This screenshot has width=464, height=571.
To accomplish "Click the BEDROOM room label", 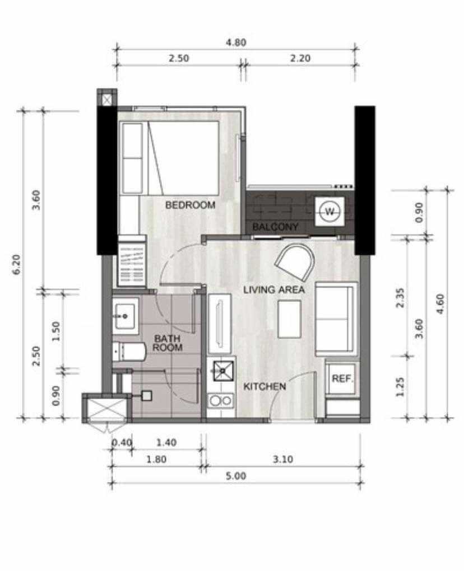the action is tap(191, 205).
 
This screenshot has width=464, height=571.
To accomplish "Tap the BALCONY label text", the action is tap(275, 227).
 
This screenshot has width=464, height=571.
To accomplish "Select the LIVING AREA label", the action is tap(273, 290).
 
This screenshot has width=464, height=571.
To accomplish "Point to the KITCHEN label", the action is tap(265, 386).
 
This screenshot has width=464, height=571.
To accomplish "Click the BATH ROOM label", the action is tap(168, 343).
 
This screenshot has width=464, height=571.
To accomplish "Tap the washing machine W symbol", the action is tap(330, 212).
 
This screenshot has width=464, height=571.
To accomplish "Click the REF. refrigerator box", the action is tap(342, 379).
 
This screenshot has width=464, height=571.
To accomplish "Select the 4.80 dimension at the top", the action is tap(236, 43).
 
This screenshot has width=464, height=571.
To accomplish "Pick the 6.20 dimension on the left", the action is tap(17, 264).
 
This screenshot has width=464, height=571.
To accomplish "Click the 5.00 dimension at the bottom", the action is tap(236, 476).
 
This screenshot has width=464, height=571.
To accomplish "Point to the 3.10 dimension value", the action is tap(283, 459).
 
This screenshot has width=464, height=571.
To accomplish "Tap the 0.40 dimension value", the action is tap(122, 442).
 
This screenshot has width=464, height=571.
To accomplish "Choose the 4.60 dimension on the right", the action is tap(440, 304).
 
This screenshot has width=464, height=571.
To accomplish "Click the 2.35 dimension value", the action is tap(400, 298).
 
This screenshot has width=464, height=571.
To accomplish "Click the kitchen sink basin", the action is tap(222, 371).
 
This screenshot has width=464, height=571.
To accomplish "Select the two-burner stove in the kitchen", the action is tap(221, 401).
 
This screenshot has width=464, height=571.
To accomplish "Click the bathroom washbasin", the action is tap(125, 316).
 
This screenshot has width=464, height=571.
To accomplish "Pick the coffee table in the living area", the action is tap(290, 319).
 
